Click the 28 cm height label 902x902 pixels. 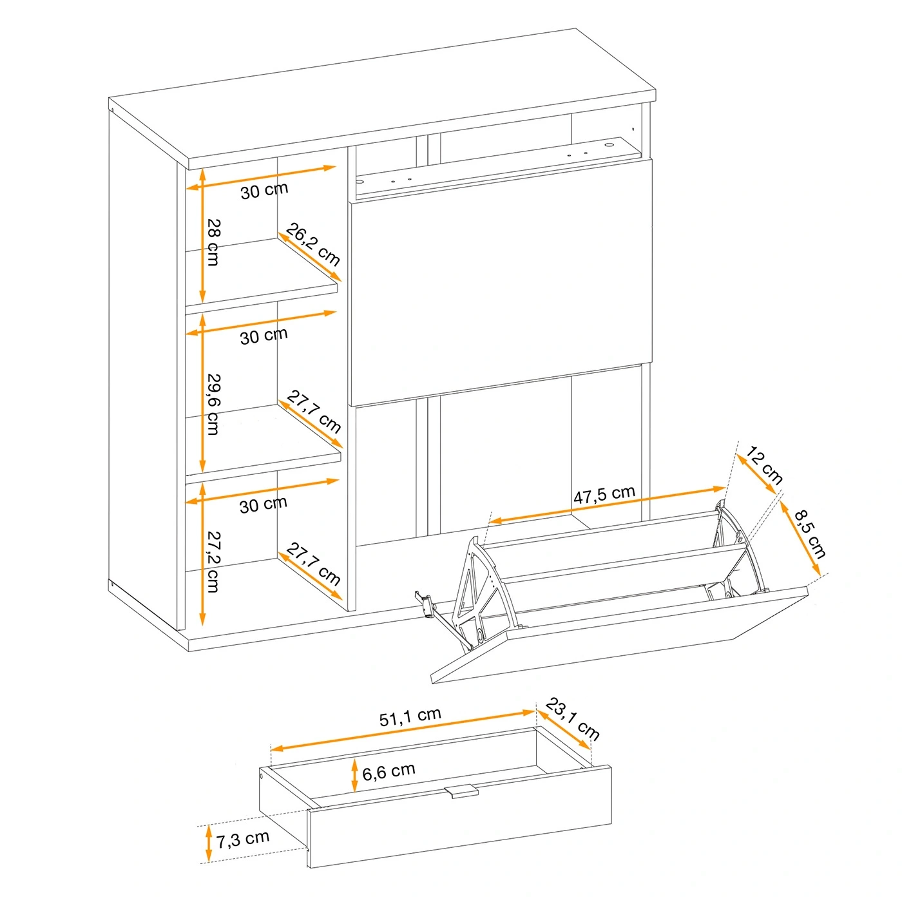(x=213, y=242)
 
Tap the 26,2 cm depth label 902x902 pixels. (x=312, y=244)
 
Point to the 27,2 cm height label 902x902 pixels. (x=213, y=562)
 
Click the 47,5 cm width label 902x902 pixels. (x=604, y=494)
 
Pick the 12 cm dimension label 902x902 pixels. (x=763, y=466)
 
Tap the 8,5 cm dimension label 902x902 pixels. (x=810, y=533)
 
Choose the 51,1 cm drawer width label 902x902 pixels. (x=410, y=716)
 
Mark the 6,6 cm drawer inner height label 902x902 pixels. (x=389, y=771)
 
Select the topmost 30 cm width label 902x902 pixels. (x=264, y=190)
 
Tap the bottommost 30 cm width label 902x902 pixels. (x=263, y=504)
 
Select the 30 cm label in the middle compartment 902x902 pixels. (x=264, y=336)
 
